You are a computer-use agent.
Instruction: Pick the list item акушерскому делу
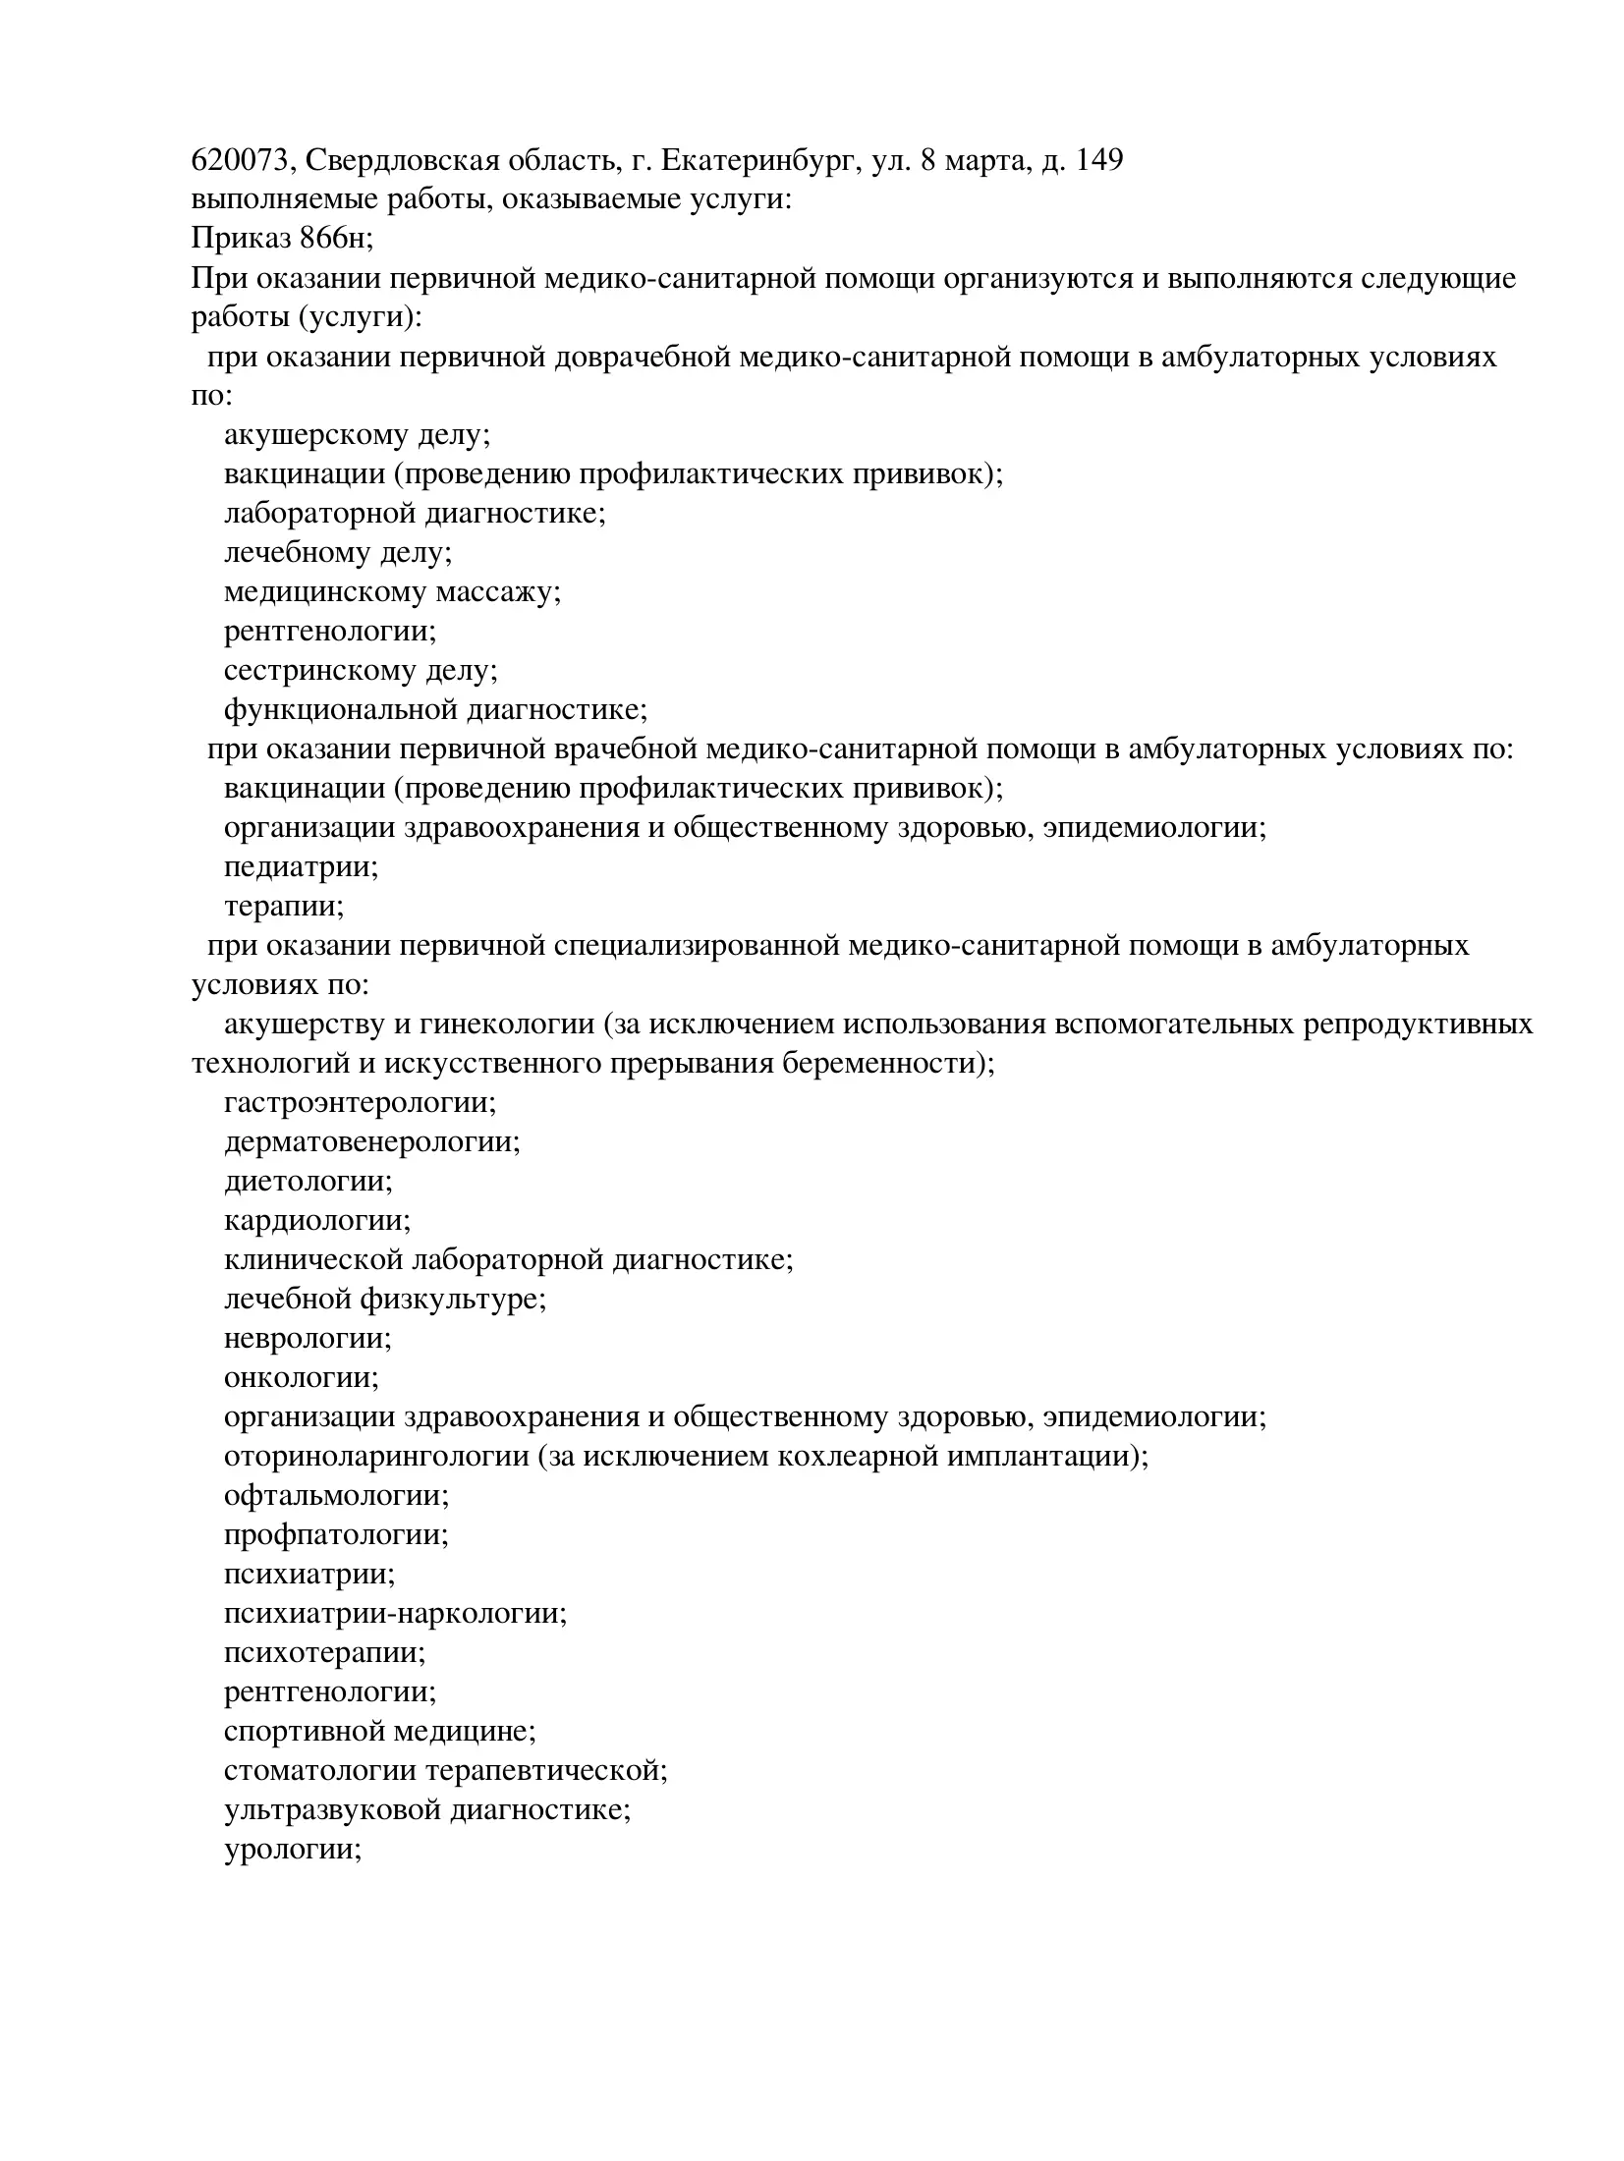[x=356, y=435]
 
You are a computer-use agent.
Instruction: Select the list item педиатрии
[x=301, y=867]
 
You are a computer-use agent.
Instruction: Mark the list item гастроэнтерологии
[x=360, y=1103]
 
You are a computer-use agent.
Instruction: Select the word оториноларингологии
[x=376, y=1457]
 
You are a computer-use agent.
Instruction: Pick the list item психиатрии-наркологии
[x=395, y=1614]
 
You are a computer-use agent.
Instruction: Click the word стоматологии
[x=320, y=1771]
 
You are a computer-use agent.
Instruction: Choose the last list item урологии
[x=293, y=1850]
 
